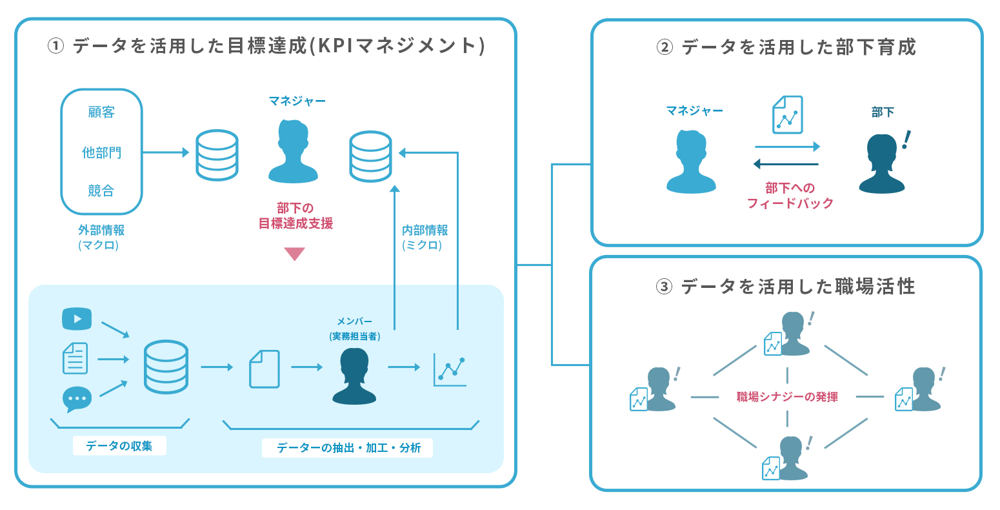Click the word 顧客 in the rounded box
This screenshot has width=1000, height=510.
pyautogui.click(x=101, y=112)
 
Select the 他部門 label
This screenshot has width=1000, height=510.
pyautogui.click(x=101, y=152)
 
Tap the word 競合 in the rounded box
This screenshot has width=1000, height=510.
pyautogui.click(x=101, y=190)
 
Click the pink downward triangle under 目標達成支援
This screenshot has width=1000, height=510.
pyautogui.click(x=294, y=254)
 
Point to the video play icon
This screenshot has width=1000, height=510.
pyautogui.click(x=77, y=319)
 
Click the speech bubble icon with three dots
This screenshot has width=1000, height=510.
pyautogui.click(x=77, y=399)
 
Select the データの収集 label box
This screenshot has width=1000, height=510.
pyautogui.click(x=119, y=446)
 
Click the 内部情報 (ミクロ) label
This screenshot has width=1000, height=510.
pyautogui.click(x=424, y=237)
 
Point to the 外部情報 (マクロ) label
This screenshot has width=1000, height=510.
pyautogui.click(x=101, y=237)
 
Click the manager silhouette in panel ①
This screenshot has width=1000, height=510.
pyautogui.click(x=294, y=151)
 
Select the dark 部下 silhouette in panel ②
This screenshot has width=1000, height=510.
pyautogui.click(x=882, y=164)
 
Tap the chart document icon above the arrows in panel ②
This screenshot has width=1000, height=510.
pyautogui.click(x=787, y=115)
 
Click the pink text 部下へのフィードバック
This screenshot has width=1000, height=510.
pyautogui.click(x=790, y=196)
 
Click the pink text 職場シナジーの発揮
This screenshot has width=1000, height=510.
pyautogui.click(x=787, y=396)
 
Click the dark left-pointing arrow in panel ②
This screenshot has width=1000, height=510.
pyautogui.click(x=786, y=164)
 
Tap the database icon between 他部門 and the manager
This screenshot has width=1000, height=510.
pyautogui.click(x=217, y=155)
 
